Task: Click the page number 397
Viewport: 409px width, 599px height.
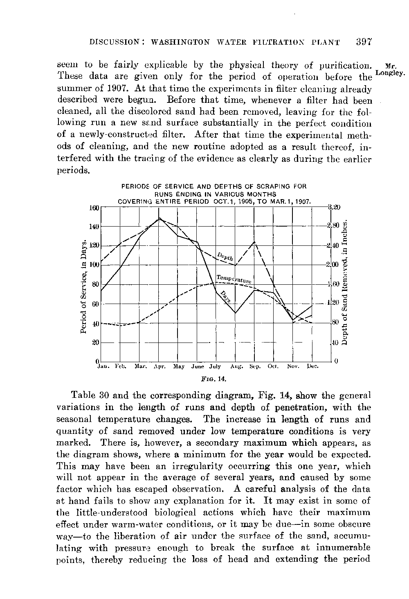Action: pyautogui.click(x=363, y=41)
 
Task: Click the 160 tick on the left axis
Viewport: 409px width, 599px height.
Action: pyautogui.click(x=94, y=207)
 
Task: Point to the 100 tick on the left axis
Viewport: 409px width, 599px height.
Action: pyautogui.click(x=94, y=265)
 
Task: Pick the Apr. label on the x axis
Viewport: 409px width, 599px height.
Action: pyautogui.click(x=159, y=366)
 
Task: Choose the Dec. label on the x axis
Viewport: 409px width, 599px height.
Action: pyautogui.click(x=313, y=366)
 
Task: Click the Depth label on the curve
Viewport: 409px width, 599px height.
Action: pyautogui.click(x=225, y=256)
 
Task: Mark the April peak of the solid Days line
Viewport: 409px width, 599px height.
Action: pyautogui.click(x=159, y=218)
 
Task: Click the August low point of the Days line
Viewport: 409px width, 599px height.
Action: pyautogui.click(x=236, y=313)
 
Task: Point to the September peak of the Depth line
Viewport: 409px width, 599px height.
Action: pyautogui.click(x=255, y=242)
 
